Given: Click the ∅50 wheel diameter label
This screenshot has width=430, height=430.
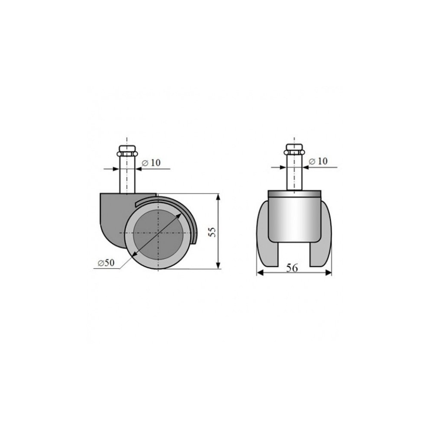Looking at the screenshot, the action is (x=106, y=263).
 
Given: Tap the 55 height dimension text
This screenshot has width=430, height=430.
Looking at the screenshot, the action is (x=212, y=232).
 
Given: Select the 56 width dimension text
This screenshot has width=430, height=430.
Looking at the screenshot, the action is (x=292, y=267).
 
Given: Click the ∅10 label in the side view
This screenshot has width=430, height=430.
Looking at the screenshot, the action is (x=151, y=163).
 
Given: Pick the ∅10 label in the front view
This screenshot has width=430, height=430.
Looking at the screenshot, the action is (x=318, y=161).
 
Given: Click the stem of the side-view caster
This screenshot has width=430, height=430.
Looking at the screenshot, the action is (x=127, y=175).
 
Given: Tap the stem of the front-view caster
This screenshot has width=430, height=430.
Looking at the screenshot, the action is (x=294, y=173).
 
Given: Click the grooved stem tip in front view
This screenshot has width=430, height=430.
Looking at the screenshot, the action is (x=294, y=150).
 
